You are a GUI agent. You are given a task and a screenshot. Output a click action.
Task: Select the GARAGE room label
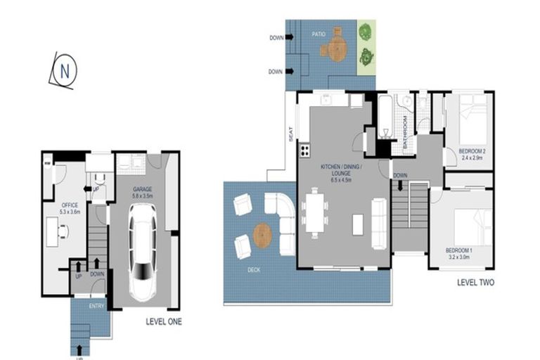[143, 190]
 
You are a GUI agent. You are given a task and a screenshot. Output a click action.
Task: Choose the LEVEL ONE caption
[164, 322]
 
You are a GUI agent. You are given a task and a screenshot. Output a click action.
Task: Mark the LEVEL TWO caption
[475, 283]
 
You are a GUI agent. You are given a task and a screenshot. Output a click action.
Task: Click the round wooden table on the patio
[334, 48]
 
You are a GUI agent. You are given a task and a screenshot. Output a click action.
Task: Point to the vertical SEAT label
[290, 134]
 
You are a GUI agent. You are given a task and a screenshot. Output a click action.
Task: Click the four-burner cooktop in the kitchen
[305, 150]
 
